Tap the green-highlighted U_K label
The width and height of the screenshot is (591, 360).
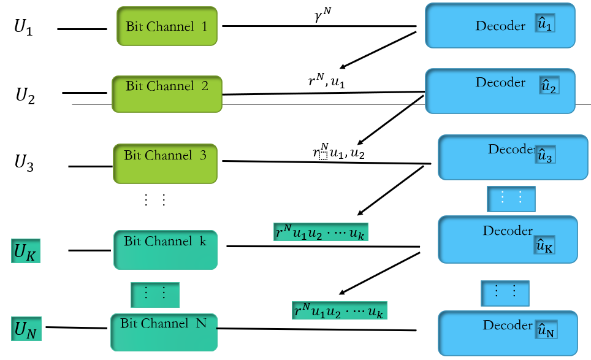point(26,252)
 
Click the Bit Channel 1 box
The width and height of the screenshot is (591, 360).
point(167,26)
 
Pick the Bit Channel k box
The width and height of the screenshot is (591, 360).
point(166,249)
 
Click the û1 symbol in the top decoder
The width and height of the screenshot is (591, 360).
point(545,25)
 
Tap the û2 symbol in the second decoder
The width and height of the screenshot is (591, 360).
point(548,86)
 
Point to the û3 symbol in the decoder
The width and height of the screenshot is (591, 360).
point(545,156)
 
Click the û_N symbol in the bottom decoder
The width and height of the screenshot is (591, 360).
point(546,330)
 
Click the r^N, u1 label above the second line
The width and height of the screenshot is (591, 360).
point(327,82)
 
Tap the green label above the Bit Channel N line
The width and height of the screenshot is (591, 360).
point(339,310)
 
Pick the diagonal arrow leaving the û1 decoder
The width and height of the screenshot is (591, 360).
point(378,49)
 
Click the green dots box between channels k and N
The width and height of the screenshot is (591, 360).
point(155,294)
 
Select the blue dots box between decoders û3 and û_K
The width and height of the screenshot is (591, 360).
point(511,198)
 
